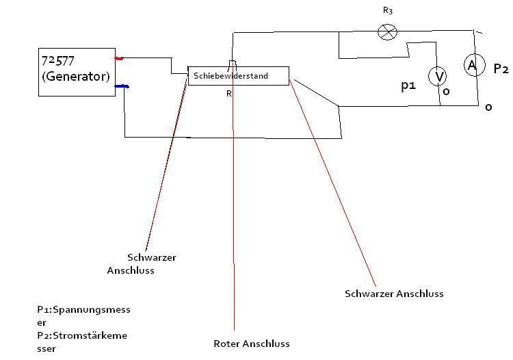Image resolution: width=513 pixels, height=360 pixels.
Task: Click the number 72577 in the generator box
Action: tap(58, 60)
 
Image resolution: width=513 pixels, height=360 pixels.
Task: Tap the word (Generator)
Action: tap(76, 76)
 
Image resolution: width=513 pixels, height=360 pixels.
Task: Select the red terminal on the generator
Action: tap(119, 58)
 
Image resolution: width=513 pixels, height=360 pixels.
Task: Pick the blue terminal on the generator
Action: tap(122, 86)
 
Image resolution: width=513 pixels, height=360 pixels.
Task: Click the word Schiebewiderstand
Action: tap(231, 76)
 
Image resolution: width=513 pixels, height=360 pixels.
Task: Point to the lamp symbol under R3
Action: tap(387, 32)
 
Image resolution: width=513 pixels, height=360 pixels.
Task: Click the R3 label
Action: tap(388, 10)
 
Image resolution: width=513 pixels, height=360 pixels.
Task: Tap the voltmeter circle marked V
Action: tap(438, 76)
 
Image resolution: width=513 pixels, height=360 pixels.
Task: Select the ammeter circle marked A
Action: tap(474, 65)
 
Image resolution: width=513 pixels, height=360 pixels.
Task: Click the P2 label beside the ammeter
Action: tap(501, 68)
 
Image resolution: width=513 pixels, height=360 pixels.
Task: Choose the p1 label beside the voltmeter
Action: tap(408, 86)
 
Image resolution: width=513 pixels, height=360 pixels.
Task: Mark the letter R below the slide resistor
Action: tap(229, 94)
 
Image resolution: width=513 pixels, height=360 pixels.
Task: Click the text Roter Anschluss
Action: tap(252, 344)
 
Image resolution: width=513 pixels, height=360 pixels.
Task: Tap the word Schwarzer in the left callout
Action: tap(152, 257)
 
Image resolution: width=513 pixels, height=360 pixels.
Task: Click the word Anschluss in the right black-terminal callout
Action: tap(419, 294)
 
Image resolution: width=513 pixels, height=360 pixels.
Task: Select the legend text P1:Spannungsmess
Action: tap(83, 309)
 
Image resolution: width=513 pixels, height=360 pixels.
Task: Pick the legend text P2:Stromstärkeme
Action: tap(82, 335)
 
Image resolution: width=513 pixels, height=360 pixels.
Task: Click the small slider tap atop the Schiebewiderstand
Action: tap(233, 63)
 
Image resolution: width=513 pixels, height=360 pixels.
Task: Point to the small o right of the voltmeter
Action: tap(446, 91)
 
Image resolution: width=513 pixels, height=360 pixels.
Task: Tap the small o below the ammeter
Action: tap(488, 107)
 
